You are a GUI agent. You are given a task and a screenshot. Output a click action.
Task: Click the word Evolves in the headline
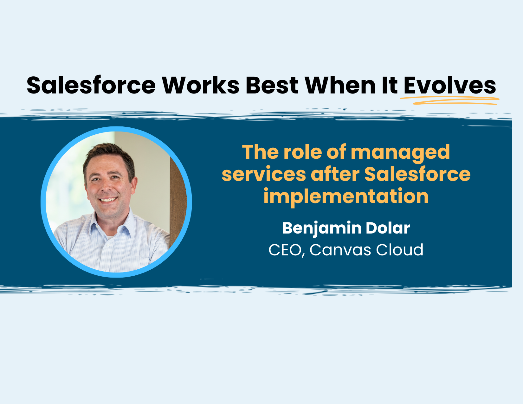[x=449, y=86]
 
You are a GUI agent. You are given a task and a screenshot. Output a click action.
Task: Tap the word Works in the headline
[x=201, y=86]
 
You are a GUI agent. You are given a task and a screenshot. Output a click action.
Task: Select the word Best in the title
[x=272, y=86]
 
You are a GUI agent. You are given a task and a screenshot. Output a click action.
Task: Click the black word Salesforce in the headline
[x=91, y=86]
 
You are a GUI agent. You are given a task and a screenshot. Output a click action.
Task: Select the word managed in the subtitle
[x=400, y=152]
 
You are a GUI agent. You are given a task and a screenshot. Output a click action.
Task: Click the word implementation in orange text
[x=346, y=196]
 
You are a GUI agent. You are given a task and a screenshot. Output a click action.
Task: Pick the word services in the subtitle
[x=264, y=174]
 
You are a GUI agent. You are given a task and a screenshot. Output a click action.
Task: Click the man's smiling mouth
[x=108, y=200]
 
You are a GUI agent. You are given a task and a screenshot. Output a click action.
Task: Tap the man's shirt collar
[x=125, y=223]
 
